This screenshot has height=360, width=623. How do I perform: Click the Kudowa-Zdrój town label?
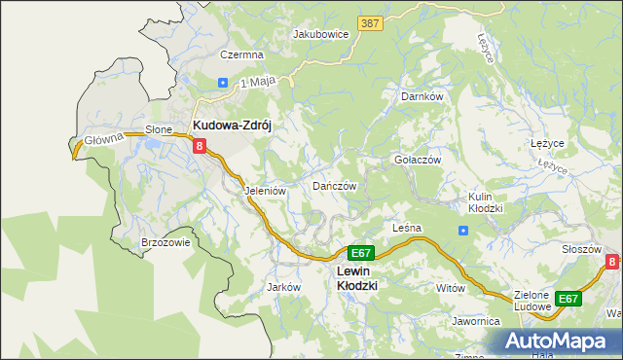tap(238, 126)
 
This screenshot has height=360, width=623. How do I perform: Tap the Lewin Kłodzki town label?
tap(356, 278)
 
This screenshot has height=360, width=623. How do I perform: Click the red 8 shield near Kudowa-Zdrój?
tap(200, 146)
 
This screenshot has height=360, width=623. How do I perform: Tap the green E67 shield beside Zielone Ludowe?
tap(568, 299)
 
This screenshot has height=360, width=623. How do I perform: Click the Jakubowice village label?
tap(321, 33)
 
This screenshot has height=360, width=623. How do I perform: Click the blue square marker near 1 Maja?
tap(223, 83)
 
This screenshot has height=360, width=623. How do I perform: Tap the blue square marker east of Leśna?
tap(463, 231)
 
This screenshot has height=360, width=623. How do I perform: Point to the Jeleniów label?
tap(265, 192)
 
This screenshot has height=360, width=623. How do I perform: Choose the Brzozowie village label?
tap(165, 243)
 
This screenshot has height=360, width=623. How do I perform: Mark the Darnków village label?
tap(422, 97)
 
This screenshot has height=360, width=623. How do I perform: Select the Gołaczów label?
tap(418, 160)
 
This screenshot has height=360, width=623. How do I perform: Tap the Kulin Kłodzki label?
tap(485, 202)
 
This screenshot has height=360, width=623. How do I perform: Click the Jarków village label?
tap(282, 287)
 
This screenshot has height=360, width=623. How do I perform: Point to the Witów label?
tap(451, 289)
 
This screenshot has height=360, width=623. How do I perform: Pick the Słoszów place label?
tap(581, 249)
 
